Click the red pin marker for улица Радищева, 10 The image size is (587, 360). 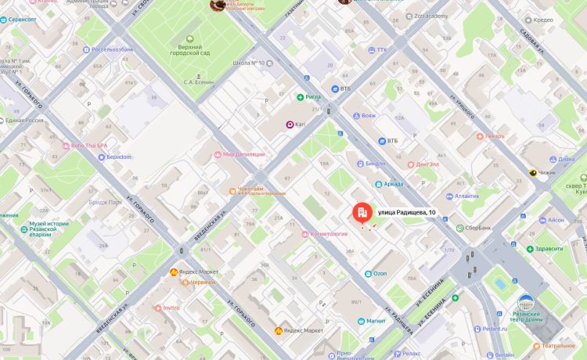(x=361, y=213)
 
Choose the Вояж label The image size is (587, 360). (x=369, y=115)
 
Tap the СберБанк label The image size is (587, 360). (x=478, y=228)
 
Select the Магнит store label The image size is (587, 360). (x=376, y=320)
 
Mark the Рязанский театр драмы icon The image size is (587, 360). (x=527, y=301)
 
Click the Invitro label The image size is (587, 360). (x=171, y=308)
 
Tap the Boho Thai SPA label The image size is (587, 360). (x=88, y=145)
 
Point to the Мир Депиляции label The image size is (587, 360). (x=243, y=154)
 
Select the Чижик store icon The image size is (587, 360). (x=533, y=173)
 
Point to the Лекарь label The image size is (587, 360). (x=494, y=135)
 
